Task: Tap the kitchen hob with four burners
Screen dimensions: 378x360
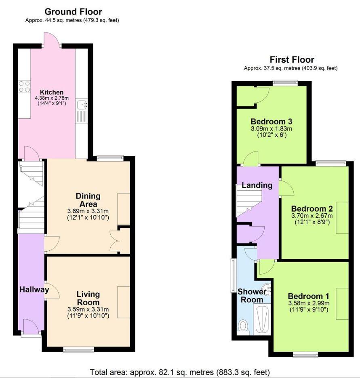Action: tap(24, 86)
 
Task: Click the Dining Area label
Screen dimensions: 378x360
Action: tap(88, 200)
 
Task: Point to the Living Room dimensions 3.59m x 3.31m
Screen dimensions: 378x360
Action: tap(88, 310)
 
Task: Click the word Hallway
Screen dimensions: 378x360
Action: tap(34, 289)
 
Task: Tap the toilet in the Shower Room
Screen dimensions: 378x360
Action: tap(243, 325)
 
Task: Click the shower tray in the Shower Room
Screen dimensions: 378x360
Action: tap(262, 319)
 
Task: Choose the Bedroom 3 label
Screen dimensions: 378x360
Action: tap(271, 122)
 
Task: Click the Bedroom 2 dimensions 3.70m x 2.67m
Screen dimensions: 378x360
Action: tap(312, 216)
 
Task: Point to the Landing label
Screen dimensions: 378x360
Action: tap(257, 185)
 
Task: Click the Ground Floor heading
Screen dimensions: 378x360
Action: tap(73, 12)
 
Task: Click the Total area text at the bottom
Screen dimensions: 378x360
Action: tap(180, 372)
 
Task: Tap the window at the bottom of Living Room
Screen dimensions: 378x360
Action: tap(79, 349)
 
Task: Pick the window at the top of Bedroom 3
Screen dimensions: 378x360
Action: tap(285, 83)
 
